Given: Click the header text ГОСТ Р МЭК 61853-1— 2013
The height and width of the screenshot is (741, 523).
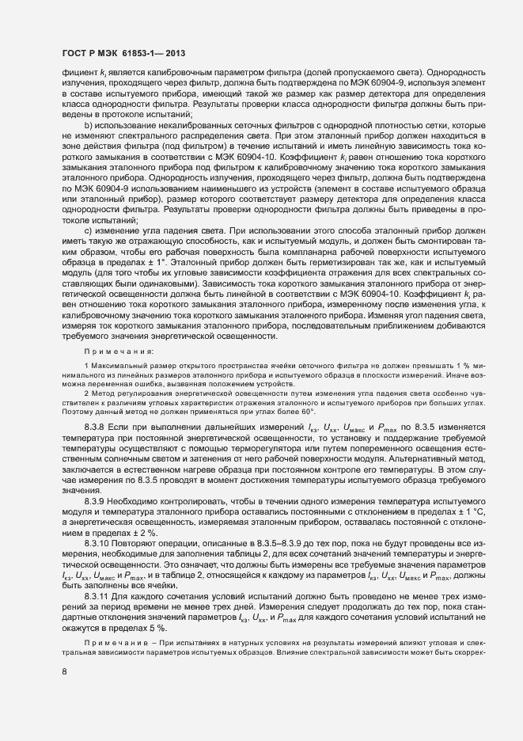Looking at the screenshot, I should pos(123,51).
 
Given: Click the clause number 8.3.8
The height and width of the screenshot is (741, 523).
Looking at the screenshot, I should pos(97,427).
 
